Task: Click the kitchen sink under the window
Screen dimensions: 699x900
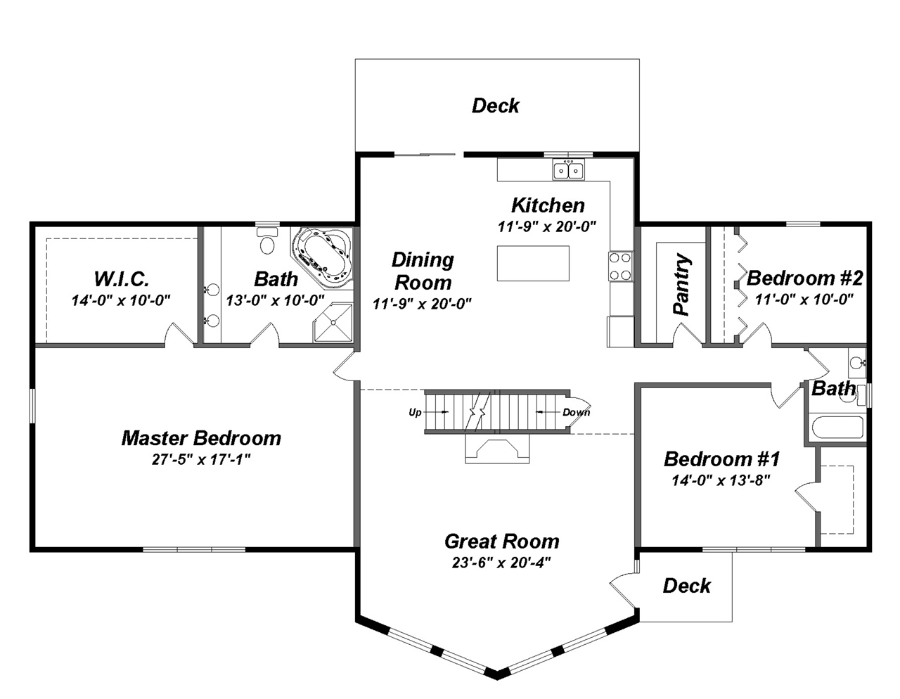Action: click(x=568, y=170)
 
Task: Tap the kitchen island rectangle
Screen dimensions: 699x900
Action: click(x=533, y=263)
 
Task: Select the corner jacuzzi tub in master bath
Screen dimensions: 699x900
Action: click(x=324, y=257)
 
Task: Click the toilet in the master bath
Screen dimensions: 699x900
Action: click(x=267, y=242)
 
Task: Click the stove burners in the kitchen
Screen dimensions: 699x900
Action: click(x=620, y=267)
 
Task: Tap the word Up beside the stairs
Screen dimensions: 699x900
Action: click(x=415, y=412)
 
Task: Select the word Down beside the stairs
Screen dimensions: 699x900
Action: click(x=576, y=412)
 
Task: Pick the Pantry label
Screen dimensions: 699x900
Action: click(x=681, y=284)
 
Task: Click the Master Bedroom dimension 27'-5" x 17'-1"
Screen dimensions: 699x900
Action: click(x=201, y=459)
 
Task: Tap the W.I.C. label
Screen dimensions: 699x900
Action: click(x=121, y=278)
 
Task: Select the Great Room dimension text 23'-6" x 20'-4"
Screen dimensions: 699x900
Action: click(x=501, y=563)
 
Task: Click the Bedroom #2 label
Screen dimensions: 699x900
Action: click(x=804, y=278)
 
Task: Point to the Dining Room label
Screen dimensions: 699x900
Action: click(x=423, y=271)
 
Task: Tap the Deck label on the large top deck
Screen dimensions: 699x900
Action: click(x=495, y=105)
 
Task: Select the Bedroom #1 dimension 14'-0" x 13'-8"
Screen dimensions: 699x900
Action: click(x=721, y=480)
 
